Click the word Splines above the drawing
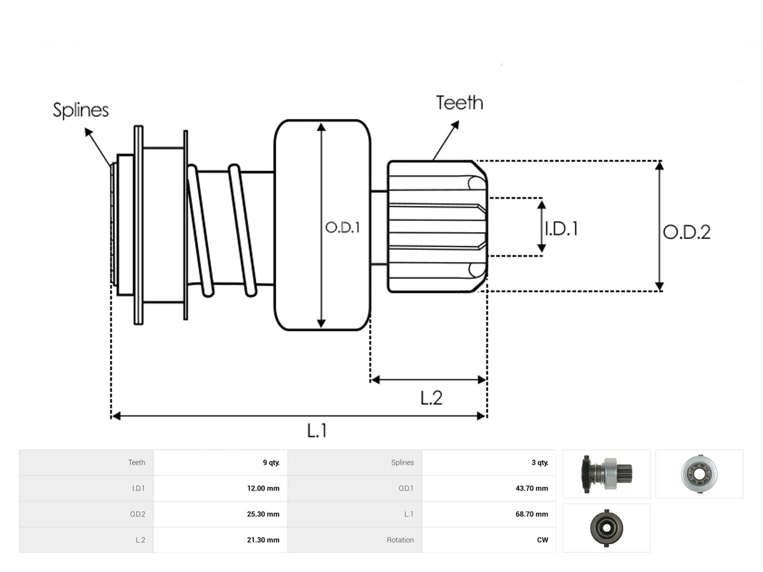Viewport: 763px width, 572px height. pos(81,111)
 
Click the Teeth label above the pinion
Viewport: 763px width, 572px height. pos(460,103)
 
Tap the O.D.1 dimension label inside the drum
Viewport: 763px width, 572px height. pos(342,228)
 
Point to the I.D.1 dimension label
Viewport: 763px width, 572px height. pos(561,229)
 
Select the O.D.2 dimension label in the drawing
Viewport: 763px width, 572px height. pos(687,233)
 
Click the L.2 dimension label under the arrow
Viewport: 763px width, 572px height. pos(431,398)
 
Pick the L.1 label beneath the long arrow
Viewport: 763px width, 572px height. pos(317,431)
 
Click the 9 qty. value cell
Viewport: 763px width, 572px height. pos(271,463)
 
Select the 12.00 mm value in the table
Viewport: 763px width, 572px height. pos(263,488)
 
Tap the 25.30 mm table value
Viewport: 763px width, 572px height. pos(263,514)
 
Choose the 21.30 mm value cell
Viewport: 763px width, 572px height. pos(263,540)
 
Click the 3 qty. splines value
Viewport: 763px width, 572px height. pos(540,463)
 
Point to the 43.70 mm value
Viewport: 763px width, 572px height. pos(532,488)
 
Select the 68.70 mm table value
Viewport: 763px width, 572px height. pos(532,514)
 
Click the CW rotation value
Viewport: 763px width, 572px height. pos(542,540)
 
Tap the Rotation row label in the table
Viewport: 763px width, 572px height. pos(400,540)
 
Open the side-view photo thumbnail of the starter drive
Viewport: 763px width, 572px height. pos(606,474)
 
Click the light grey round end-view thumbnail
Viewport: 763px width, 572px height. pos(699,474)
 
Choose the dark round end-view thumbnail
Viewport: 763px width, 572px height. pos(607,528)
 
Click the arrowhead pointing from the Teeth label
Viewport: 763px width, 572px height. pos(456,125)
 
